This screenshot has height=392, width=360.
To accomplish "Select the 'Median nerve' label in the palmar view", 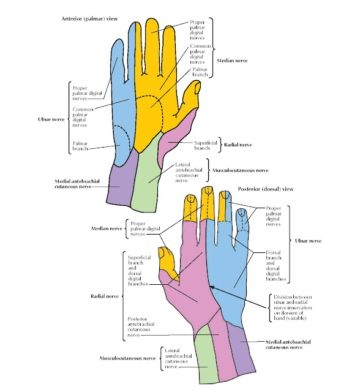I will tap(231, 60).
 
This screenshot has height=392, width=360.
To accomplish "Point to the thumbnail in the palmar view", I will tap(197, 89).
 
